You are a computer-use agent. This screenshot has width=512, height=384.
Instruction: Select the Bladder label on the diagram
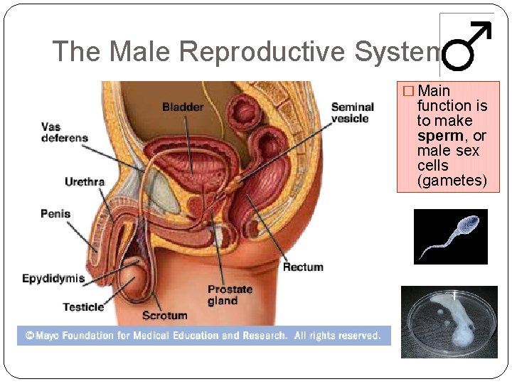click(183, 107)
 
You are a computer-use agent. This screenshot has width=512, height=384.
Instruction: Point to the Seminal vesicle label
click(353, 113)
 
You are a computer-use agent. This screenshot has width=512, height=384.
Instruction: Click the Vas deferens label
click(65, 132)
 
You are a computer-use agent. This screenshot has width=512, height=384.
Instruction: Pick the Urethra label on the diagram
click(85, 182)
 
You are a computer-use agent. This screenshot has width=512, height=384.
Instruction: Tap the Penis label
click(55, 213)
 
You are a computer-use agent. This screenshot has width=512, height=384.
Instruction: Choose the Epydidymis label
click(53, 279)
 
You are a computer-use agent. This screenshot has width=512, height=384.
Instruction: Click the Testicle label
click(83, 307)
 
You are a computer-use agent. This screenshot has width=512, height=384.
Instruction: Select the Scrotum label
click(164, 315)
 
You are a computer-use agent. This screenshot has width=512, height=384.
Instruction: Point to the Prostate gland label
click(230, 295)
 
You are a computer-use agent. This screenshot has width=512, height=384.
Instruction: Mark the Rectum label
click(303, 267)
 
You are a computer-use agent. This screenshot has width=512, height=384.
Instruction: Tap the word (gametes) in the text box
click(452, 181)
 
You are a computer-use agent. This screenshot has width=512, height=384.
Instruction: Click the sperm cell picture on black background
click(451, 237)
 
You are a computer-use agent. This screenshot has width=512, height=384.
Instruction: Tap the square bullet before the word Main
click(407, 91)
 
